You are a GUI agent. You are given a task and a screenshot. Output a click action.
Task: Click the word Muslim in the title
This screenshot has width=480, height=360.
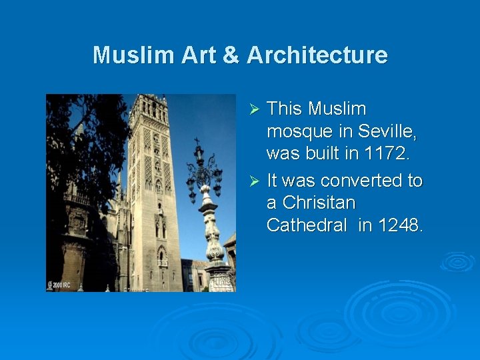pyautogui.click(x=125, y=55)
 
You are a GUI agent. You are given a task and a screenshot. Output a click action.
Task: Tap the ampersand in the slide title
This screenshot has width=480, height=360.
pyautogui.click(x=231, y=55)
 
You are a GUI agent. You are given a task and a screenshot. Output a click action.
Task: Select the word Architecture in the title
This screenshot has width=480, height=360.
pyautogui.click(x=317, y=55)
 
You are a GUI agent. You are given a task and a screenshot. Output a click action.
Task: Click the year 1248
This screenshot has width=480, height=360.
pyautogui.click(x=400, y=225)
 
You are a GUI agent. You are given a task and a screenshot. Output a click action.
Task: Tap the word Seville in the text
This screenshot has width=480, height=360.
pyautogui.click(x=388, y=131)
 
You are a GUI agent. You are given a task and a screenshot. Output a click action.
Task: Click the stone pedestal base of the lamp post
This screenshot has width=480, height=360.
pyautogui.click(x=218, y=277)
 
